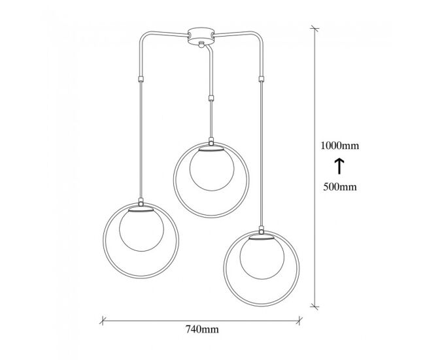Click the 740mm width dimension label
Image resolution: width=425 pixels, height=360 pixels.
[x=202, y=329]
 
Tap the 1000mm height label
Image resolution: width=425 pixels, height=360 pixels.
[x=339, y=146]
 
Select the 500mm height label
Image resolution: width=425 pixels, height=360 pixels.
[x=340, y=187]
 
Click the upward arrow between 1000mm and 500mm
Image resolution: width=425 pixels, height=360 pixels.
[x=339, y=167]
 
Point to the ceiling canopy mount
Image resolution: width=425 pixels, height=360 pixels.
[x=201, y=35]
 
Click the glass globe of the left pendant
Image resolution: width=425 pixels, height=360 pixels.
[x=141, y=229]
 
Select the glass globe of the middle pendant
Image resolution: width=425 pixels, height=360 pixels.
[x=212, y=169]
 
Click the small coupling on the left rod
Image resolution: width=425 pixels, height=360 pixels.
[x=141, y=79]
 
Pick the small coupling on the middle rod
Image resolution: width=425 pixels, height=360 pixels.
[x=211, y=98]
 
